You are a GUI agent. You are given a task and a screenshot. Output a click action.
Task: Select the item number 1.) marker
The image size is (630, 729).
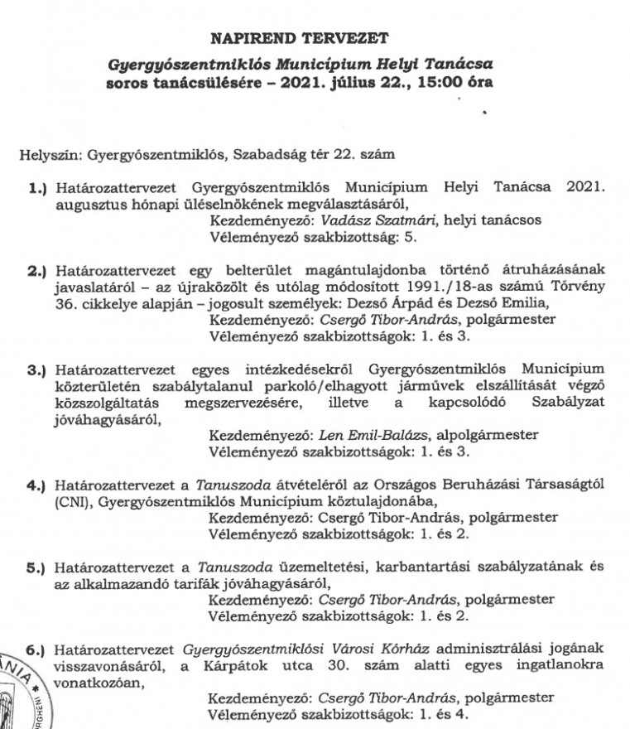click(40, 188)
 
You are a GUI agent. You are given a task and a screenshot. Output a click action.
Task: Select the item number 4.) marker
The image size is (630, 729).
click(40, 485)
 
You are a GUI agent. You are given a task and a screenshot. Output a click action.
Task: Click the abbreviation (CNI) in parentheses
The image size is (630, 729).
click(70, 501)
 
